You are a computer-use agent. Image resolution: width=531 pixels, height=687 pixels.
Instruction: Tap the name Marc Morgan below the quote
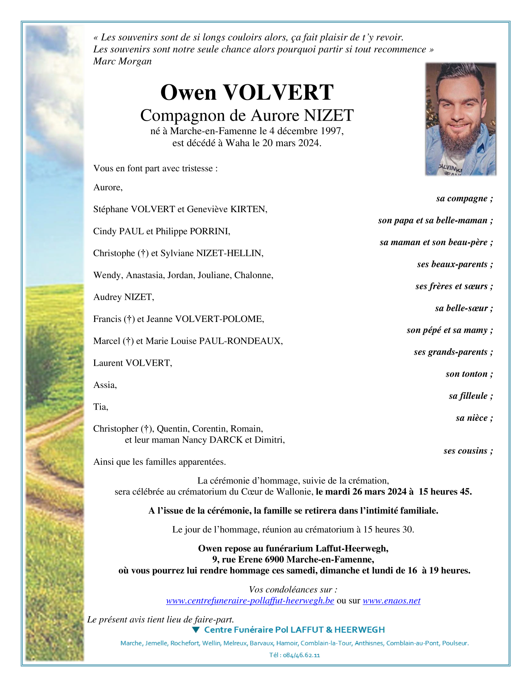[x=122, y=61]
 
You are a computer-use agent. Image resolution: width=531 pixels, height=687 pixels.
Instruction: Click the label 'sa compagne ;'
[x=464, y=199]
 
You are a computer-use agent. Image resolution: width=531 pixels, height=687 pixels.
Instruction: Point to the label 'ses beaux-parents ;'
[x=454, y=264]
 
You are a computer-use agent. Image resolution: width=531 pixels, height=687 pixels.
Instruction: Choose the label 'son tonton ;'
[x=469, y=374]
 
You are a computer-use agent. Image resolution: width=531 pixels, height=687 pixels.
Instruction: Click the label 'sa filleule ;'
[x=470, y=396]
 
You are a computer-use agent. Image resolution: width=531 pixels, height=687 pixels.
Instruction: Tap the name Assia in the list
[x=105, y=385]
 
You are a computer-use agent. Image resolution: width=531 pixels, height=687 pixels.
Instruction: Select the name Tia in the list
[x=100, y=407]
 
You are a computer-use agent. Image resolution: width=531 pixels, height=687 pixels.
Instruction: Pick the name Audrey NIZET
[x=123, y=297]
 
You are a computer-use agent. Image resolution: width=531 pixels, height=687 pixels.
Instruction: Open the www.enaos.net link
[x=391, y=601]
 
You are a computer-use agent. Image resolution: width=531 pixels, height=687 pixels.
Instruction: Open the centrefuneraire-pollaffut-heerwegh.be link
[x=250, y=601]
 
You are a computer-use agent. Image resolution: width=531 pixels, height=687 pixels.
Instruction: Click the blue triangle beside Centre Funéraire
[x=196, y=630]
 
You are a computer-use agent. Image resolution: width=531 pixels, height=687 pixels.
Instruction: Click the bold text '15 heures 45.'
[x=445, y=492]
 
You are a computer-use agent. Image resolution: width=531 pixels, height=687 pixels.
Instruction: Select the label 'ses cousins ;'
[x=468, y=451]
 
